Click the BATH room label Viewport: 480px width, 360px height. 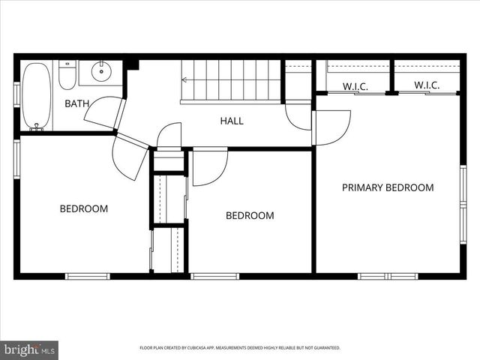click(x=76, y=103)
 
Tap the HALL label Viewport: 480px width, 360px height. click(x=231, y=120)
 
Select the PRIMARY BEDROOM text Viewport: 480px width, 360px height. click(x=387, y=187)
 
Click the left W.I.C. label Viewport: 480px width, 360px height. click(x=355, y=85)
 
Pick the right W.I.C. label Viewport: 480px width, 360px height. click(x=426, y=85)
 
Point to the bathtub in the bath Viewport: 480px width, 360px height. click(x=35, y=96)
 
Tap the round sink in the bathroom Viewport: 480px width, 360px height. click(x=101, y=72)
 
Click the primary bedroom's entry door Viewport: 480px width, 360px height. click(x=331, y=126)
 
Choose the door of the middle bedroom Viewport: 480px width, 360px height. click(x=209, y=166)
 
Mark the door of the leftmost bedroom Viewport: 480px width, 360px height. click(x=130, y=155)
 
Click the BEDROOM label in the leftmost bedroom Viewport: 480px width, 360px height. click(x=84, y=208)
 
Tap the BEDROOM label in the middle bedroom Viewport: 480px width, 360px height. click(x=250, y=215)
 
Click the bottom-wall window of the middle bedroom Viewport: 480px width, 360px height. click(x=214, y=276)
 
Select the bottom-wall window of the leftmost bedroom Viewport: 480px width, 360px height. click(x=88, y=276)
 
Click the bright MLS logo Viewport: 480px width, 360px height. click(x=29, y=349)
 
